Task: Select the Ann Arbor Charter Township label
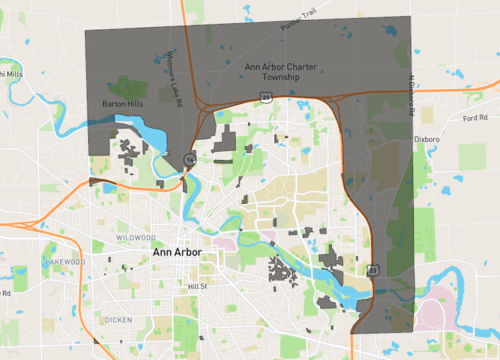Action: pyautogui.click(x=281, y=72)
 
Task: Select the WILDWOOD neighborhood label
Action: pyautogui.click(x=135, y=237)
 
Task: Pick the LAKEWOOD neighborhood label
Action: pyautogui.click(x=66, y=261)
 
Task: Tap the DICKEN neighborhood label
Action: pyautogui.click(x=115, y=320)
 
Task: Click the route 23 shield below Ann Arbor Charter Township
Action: pyautogui.click(x=265, y=96)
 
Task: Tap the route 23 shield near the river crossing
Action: pyautogui.click(x=372, y=269)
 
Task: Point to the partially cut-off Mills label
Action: pyautogui.click(x=10, y=72)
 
